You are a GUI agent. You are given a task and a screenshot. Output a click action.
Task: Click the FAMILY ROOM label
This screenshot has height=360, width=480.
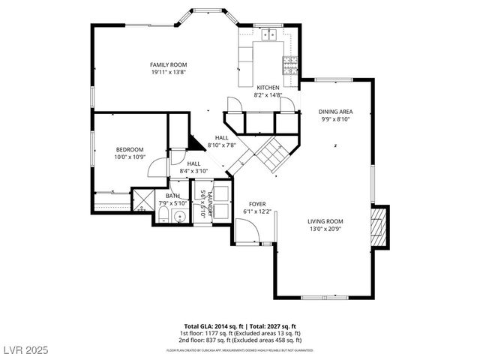coord(168,65)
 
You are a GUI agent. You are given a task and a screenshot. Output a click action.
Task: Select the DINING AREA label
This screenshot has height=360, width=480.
coord(335,111)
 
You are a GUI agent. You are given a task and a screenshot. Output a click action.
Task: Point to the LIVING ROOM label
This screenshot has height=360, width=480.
coord(325,221)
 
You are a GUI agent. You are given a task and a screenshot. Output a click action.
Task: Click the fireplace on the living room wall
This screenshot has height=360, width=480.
coord(380,226)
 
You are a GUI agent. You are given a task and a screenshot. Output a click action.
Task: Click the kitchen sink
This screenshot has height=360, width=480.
coord(269,34)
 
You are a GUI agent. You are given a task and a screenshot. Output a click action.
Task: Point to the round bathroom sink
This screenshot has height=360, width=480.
coord(179,217)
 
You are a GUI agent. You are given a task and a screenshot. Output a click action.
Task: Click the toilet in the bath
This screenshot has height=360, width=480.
coord(163,217)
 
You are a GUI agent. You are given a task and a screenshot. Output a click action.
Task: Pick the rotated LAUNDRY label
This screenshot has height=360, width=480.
coord(211,205)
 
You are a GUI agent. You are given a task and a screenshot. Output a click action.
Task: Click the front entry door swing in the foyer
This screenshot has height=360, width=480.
coord(246,234)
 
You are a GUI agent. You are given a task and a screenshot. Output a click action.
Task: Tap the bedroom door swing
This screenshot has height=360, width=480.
coord(157,166)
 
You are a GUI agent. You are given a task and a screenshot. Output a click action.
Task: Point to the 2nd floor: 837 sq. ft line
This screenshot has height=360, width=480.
coord(240,339)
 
